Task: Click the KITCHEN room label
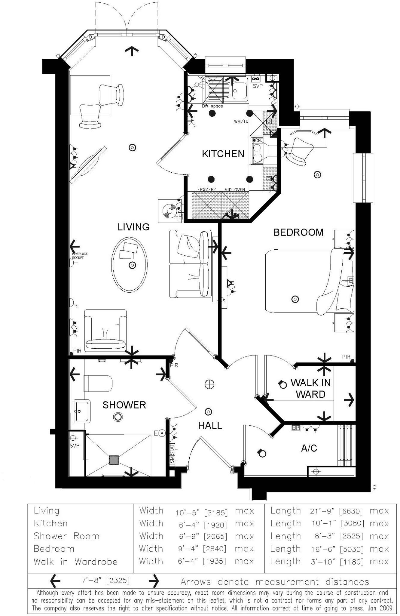point(223,154)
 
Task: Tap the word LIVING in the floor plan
point(133,227)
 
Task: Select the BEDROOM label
point(298,232)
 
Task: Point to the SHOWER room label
point(124,405)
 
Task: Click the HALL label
point(210,425)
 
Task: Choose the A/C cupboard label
point(309,448)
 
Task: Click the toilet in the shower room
point(98,383)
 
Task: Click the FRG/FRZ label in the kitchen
point(207,189)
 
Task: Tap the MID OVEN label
point(235,189)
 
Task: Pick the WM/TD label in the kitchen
point(241,122)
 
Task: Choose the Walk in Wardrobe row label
point(75,562)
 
